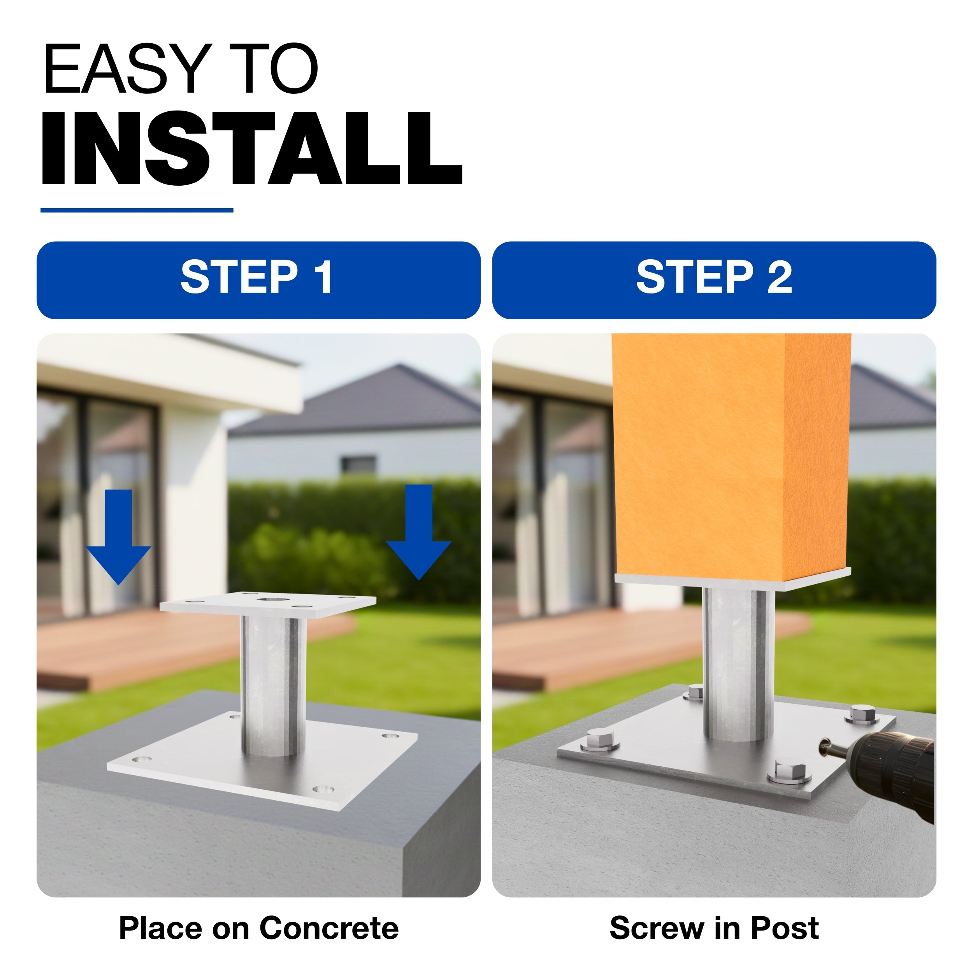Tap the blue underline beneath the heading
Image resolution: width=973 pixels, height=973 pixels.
point(137,210)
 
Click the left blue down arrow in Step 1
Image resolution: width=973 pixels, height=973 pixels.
point(118,536)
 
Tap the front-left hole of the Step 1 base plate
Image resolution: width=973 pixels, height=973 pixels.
point(142,759)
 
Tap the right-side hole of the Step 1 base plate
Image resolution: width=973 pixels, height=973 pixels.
point(390,737)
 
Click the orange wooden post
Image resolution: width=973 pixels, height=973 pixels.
point(731,456)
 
